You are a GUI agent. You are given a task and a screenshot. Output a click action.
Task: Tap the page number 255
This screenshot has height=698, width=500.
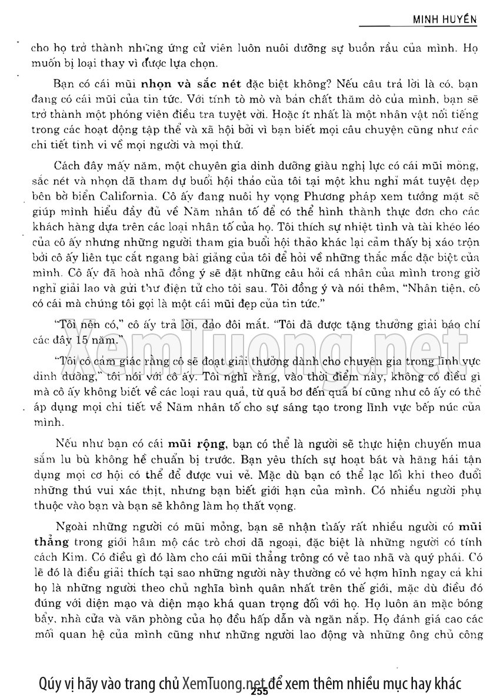coord(259,692)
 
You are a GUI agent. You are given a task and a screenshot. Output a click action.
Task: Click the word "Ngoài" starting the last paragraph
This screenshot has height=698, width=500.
coord(73,527)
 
